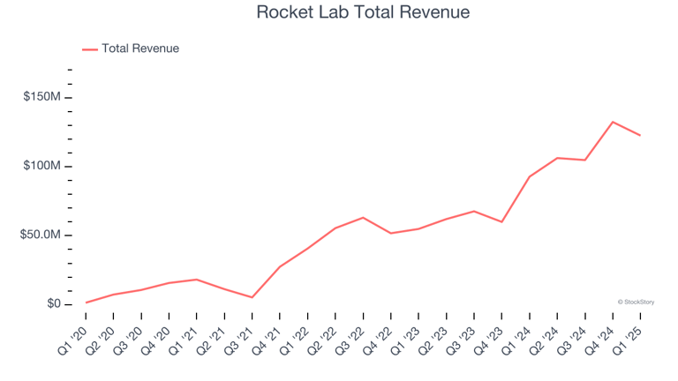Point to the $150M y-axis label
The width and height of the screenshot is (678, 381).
[x=41, y=97]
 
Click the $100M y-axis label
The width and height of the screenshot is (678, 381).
[x=41, y=167]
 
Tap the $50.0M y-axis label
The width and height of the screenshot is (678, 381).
[x=40, y=235]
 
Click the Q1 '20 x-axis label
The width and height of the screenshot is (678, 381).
[x=73, y=336]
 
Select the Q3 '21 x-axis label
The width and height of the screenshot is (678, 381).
[x=239, y=336]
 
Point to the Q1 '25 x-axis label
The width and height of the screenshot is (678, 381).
[x=627, y=336]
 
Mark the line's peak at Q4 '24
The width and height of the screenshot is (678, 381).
[x=613, y=122]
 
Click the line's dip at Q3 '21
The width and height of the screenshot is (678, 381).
[x=252, y=297]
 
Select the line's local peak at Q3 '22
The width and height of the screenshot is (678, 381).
[x=363, y=217]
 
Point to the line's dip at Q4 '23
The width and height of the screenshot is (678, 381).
[x=501, y=221]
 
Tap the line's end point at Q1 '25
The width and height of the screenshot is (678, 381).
[x=640, y=135]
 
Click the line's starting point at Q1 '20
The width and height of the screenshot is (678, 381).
[x=87, y=303]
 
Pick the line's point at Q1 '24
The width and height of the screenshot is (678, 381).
[x=529, y=176]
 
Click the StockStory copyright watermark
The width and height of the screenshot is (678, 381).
[x=636, y=302]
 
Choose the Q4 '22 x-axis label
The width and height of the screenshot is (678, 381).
[x=378, y=336]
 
